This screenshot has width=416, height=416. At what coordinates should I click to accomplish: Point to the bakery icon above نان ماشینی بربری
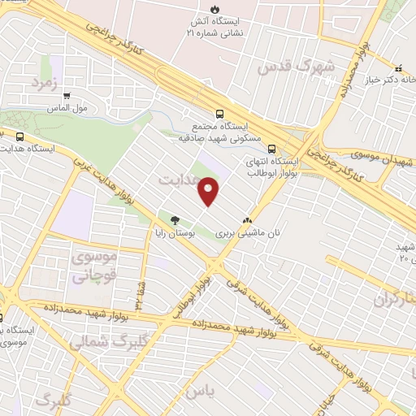pyautogui.click(x=248, y=219)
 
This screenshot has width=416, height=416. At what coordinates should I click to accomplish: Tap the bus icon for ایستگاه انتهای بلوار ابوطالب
pyautogui.click(x=271, y=149)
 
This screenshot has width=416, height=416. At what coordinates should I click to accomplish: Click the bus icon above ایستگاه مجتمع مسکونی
pyautogui.click(x=219, y=115)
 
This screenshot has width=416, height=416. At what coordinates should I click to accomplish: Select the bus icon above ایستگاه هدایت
pyautogui.click(x=19, y=137)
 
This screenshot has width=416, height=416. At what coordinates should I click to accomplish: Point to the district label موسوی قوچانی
pyautogui.click(x=95, y=266)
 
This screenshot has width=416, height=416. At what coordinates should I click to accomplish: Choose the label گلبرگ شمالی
pyautogui.click(x=98, y=342)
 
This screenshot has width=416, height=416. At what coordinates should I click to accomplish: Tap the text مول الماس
pyautogui.click(x=68, y=106)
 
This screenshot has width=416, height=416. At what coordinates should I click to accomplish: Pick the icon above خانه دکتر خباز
pyautogui.click(x=398, y=67)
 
